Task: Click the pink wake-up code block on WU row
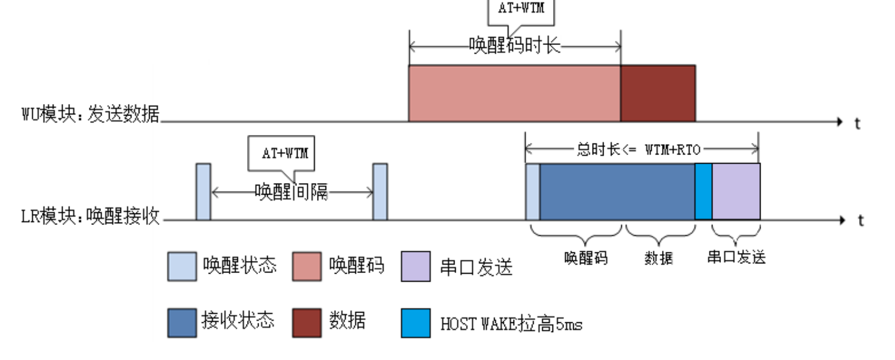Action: tap(514, 93)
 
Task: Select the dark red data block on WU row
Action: tap(658, 93)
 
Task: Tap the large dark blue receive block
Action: tap(617, 192)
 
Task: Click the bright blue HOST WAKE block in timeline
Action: tap(703, 192)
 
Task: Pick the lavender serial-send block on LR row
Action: tap(736, 192)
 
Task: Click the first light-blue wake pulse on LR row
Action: tap(203, 192)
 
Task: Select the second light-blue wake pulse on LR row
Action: tap(380, 192)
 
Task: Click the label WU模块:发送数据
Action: tap(91, 114)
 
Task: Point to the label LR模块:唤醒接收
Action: tap(91, 216)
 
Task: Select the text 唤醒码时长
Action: tap(514, 46)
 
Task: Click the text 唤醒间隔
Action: tap(291, 193)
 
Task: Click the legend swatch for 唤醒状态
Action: tap(182, 267)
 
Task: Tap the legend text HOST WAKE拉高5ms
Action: tap(511, 324)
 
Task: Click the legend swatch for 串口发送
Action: tap(416, 267)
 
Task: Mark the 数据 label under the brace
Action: tap(658, 258)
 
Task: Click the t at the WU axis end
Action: tap(857, 123)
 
